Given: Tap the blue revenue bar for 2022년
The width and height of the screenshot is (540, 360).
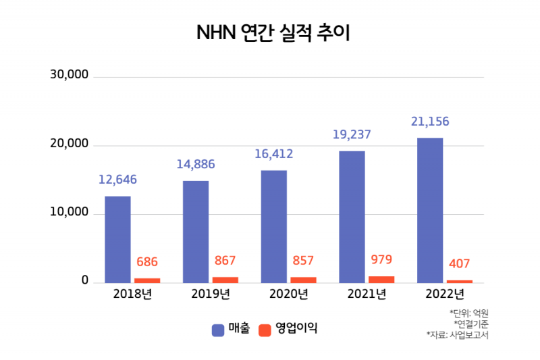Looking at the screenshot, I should tap(430, 210).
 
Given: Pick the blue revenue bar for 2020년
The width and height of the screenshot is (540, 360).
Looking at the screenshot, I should tap(274, 226).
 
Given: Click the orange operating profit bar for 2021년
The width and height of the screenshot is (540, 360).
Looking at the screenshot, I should tap(381, 279).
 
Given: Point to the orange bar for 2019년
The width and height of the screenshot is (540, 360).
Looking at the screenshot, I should tap(225, 280).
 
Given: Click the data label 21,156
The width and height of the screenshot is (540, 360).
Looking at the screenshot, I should tap(430, 122).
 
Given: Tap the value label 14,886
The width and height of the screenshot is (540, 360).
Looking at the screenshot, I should tap(196, 164).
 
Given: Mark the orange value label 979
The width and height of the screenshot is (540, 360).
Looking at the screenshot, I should tap(381, 259).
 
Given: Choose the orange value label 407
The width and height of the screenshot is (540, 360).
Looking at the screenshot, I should tap(459, 263).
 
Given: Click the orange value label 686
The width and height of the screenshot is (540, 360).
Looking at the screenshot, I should tap(146, 261).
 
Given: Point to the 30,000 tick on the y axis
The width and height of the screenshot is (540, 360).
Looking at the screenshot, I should tap(70, 74).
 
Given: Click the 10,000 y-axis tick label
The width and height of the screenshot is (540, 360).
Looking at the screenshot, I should tap(70, 212).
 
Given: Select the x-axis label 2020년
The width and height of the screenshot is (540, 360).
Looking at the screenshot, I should tap(288, 294).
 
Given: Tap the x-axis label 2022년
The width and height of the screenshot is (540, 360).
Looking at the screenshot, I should tap(445, 294).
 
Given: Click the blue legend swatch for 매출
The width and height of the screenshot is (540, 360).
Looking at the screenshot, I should tap(218, 330).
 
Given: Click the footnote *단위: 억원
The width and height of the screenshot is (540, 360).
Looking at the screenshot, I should tap(468, 313).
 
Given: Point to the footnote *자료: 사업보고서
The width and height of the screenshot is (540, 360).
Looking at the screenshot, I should tap(457, 334).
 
